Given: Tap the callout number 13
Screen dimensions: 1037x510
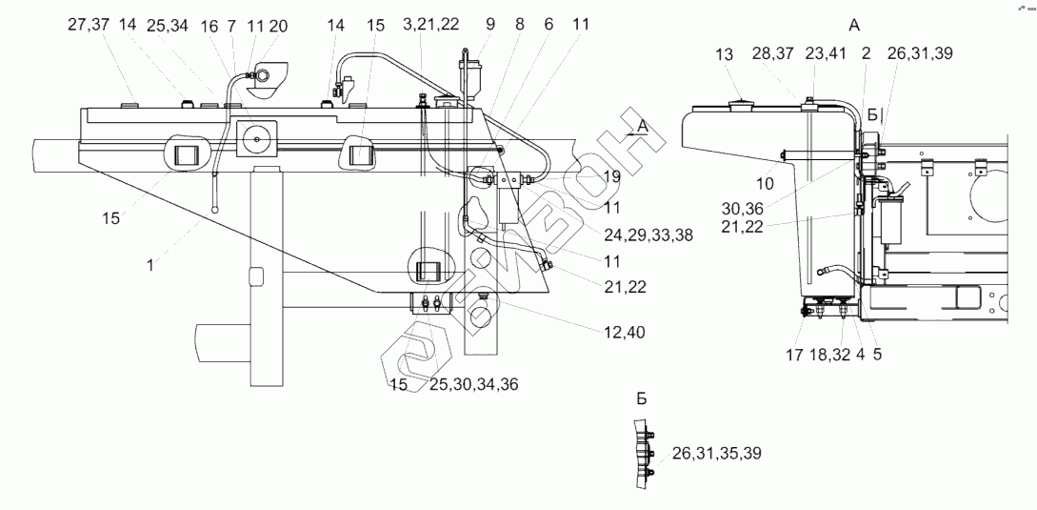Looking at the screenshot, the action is tap(725, 55).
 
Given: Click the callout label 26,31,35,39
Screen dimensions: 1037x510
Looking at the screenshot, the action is tap(716, 453).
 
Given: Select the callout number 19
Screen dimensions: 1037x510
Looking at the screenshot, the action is tap(610, 176).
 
